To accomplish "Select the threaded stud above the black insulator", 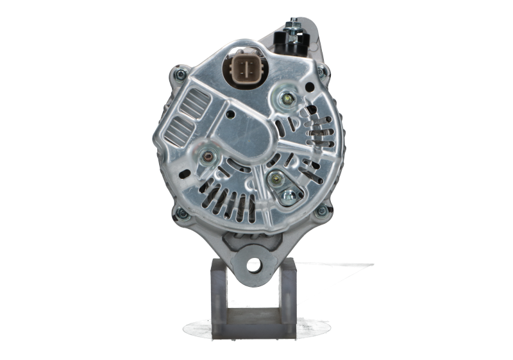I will point(292,24).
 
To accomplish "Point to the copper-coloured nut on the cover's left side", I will point(207,155).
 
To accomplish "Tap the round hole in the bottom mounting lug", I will point(255,264).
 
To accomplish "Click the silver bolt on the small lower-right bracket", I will point(289,195).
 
